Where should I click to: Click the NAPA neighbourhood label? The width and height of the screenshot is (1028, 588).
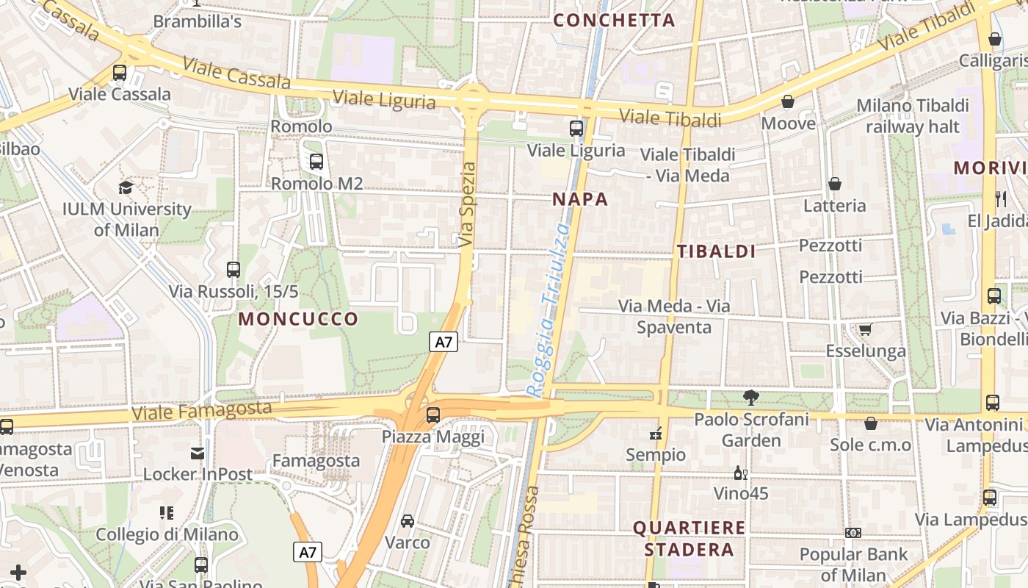tap(580, 199)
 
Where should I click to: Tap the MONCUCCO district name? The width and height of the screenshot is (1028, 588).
tap(298, 319)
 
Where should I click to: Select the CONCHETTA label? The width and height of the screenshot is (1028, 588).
tap(614, 21)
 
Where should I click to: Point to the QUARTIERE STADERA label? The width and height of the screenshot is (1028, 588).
tap(689, 539)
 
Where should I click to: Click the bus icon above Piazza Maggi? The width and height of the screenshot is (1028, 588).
tap(433, 415)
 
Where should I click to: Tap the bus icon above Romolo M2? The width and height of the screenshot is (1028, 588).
tap(316, 162)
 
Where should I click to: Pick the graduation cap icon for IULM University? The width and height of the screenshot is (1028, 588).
tap(126, 187)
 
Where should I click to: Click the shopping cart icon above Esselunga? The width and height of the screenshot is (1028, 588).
tap(866, 329)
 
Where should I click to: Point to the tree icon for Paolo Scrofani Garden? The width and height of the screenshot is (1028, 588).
tap(750, 398)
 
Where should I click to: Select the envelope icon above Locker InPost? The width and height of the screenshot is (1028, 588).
tap(197, 453)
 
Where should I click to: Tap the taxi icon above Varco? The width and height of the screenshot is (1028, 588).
tap(408, 521)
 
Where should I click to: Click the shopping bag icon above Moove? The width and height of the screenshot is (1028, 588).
tap(788, 101)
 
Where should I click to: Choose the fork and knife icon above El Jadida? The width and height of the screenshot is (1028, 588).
tap(1000, 198)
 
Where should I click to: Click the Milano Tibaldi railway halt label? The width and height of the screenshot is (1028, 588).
tap(912, 116)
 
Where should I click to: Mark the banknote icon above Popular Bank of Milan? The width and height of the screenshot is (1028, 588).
tap(853, 532)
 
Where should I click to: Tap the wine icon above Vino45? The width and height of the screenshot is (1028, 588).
tap(741, 473)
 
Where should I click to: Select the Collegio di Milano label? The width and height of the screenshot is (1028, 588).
tap(167, 534)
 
